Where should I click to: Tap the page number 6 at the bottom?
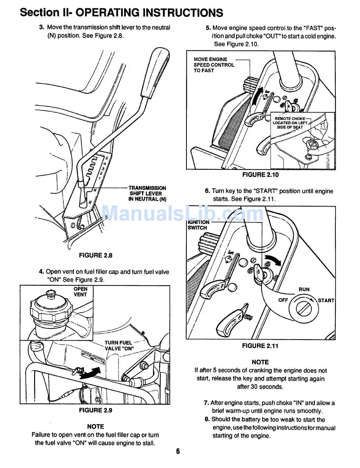coord(178,451)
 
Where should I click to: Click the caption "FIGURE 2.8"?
coord(95,255)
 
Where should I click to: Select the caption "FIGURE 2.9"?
coord(95,410)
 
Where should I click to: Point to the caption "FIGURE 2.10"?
coord(260,175)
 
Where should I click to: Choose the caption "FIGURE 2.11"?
coord(260,346)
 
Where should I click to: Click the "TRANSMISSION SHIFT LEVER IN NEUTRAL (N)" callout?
coord(147,193)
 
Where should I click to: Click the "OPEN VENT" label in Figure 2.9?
coord(80,291)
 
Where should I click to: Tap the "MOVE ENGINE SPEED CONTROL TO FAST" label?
coord(214,65)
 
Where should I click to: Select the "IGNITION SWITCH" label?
coord(198,225)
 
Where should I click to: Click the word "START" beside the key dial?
coord(326,301)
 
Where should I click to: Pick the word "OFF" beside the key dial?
coord(283,300)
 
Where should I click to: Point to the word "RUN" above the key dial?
coord(304,289)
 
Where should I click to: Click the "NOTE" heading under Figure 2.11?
coord(260,362)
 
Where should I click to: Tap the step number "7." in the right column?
coord(207,403)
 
